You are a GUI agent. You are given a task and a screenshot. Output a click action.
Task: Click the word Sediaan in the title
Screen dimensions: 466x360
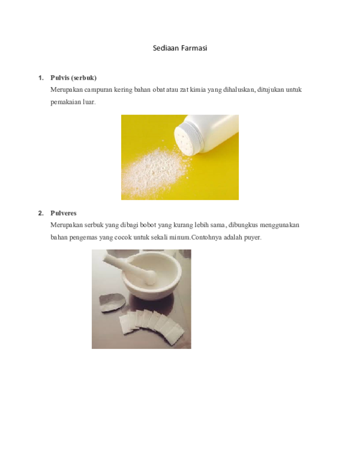coord(166,47)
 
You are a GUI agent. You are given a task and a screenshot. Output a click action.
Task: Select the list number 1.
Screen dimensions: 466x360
coord(40,78)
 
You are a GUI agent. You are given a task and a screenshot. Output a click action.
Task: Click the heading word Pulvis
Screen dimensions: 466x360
coord(61,78)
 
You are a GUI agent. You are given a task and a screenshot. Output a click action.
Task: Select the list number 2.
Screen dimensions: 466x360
coord(40,213)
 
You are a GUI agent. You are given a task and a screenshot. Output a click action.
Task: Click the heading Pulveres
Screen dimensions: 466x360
coord(64,213)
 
